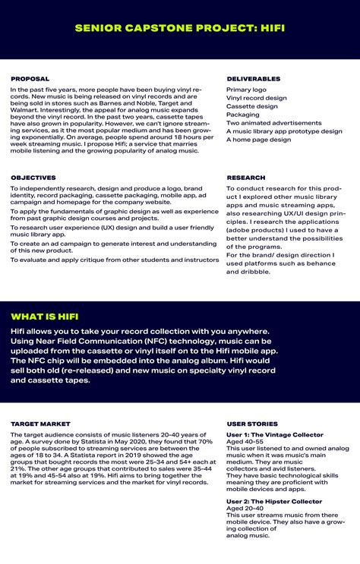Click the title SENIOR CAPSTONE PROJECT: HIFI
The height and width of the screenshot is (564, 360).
point(180,28)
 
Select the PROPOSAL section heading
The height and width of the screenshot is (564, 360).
point(30,79)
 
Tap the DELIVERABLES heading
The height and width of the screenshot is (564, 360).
point(253,79)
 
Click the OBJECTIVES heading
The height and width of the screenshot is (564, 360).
point(33,178)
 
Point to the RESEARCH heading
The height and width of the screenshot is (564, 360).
point(246,178)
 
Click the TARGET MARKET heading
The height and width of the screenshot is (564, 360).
point(40,424)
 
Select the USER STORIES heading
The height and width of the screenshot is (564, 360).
point(252,424)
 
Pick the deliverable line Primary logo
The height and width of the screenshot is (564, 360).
point(248,90)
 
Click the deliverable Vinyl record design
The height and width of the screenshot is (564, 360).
point(257,98)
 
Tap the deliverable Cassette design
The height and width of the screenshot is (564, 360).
point(251,106)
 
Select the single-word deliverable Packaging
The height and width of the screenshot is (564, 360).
point(243,115)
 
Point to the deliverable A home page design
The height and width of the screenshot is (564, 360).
point(258,140)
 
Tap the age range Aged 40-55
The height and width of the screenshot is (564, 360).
point(245,442)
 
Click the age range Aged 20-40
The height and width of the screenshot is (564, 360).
point(245,509)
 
